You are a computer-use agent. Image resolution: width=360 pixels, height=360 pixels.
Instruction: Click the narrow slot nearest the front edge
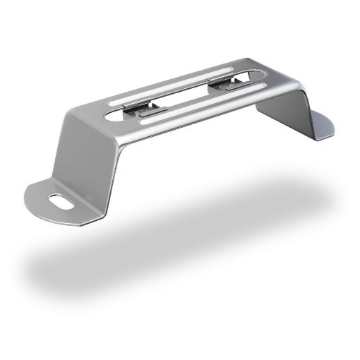point(205,106)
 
